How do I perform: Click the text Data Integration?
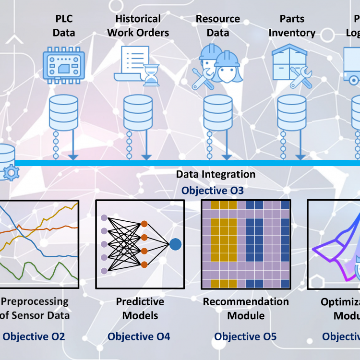tap(216, 174)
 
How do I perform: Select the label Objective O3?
tap(212, 191)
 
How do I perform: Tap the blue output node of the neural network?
tap(176, 244)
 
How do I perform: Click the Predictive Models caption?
tap(140, 309)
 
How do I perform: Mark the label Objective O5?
tap(245, 336)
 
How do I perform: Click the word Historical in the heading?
tap(138, 19)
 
